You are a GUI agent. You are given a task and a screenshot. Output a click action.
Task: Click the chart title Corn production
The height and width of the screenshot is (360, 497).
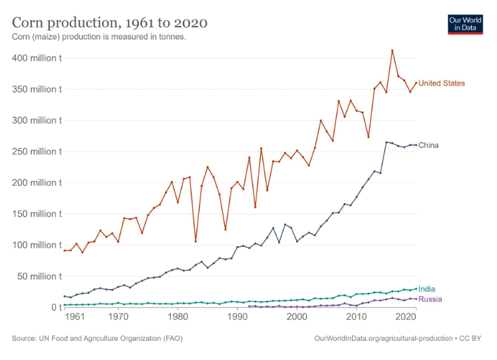(110, 23)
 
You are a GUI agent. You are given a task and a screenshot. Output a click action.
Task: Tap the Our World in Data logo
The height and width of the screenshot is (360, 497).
(465, 25)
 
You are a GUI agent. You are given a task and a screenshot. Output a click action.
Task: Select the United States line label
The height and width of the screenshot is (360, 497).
(442, 83)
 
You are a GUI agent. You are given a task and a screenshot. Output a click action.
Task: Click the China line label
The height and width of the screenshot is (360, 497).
(428, 145)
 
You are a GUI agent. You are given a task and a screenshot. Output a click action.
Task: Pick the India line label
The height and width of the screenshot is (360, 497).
(426, 289)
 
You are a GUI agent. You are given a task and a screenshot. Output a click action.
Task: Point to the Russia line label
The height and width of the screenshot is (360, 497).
(430, 299)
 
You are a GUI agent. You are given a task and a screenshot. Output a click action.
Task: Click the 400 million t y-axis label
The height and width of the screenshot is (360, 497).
(37, 59)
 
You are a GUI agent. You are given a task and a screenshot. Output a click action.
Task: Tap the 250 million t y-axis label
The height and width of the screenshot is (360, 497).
(37, 152)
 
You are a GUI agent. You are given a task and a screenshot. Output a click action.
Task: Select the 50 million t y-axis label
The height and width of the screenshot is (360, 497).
(39, 276)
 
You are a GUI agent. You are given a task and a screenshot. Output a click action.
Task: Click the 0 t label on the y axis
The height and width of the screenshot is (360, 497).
(57, 307)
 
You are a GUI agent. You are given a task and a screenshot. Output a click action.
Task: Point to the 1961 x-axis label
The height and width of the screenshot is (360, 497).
(75, 317)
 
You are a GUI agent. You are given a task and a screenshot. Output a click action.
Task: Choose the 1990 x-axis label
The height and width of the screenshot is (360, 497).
(238, 317)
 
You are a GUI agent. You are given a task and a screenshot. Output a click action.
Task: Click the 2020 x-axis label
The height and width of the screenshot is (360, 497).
(406, 317)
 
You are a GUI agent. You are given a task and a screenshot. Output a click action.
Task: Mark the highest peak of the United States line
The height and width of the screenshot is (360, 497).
(393, 51)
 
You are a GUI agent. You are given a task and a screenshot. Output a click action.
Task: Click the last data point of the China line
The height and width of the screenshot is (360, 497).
(416, 145)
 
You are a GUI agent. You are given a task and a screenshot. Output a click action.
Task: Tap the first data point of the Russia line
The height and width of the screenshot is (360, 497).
(249, 306)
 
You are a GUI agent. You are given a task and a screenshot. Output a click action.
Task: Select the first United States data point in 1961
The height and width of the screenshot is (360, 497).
(65, 251)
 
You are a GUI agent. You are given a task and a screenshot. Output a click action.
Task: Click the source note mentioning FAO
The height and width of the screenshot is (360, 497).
(97, 339)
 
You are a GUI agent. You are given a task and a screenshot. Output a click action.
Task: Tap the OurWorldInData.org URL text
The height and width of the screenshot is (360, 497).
(383, 339)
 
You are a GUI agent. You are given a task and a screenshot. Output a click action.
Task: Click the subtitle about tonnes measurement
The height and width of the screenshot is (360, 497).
(99, 37)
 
